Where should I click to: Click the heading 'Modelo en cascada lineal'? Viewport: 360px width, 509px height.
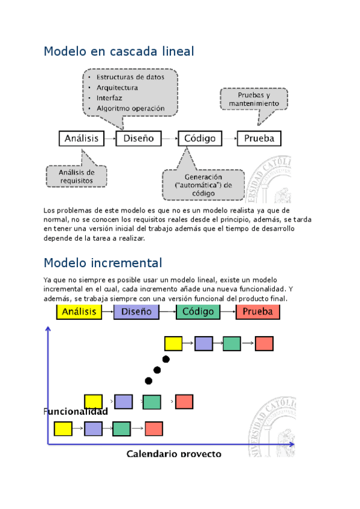coord(119,52)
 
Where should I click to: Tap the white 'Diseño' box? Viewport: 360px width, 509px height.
coord(139,138)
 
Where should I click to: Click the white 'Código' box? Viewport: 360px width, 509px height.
coord(200,138)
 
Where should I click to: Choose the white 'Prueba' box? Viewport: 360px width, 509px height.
coord(259,138)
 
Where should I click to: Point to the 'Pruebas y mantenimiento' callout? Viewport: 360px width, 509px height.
coord(254,99)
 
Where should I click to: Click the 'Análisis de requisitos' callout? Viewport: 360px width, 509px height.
coord(76,176)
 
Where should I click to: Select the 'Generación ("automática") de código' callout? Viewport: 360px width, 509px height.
coord(203,185)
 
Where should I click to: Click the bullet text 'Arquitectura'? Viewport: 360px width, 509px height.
coord(117,88)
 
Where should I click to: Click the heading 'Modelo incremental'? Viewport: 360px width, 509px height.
coord(103,263)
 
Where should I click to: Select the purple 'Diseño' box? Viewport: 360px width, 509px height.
coord(137,312)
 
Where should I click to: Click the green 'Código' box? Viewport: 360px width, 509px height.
coord(198,312)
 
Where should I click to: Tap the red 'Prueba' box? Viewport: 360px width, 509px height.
coord(257,312)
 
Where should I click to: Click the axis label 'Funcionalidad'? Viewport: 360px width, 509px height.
coord(76,412)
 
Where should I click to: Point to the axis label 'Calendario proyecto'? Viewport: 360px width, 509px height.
coord(173,453)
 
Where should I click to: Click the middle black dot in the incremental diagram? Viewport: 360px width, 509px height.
coord(158,370)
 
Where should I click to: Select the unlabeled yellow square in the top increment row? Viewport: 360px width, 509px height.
coord(173,343)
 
